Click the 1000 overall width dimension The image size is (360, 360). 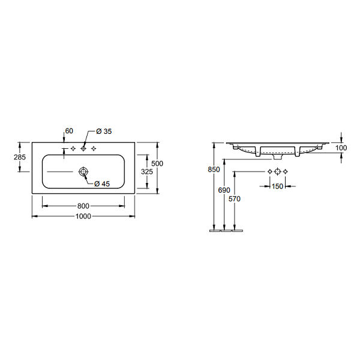click(x=83, y=216)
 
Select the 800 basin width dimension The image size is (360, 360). click(x=83, y=206)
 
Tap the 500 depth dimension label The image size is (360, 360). click(x=157, y=163)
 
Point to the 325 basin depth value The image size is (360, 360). click(x=147, y=172)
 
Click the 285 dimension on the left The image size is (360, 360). click(x=20, y=157)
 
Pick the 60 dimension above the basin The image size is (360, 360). click(x=69, y=131)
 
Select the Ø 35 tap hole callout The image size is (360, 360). click(x=104, y=131)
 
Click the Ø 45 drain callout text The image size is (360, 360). click(x=102, y=184)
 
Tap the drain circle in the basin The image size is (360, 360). click(x=83, y=172)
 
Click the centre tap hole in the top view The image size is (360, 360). click(x=83, y=149)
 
